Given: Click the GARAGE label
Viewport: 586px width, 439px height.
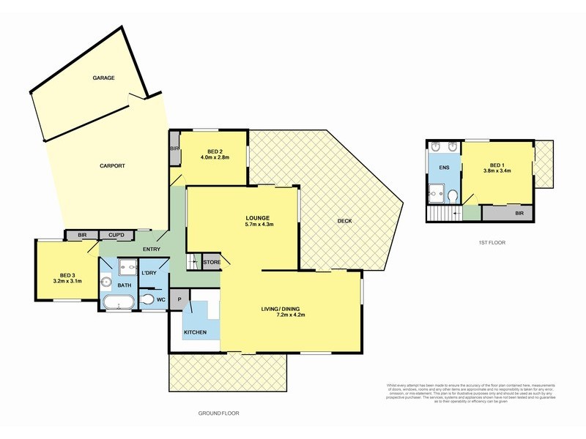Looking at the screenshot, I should click(103, 77).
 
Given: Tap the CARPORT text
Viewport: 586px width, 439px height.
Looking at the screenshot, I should click(112, 166).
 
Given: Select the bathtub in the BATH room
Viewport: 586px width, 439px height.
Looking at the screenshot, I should click(117, 301).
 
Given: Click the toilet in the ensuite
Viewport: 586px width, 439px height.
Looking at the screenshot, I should click(453, 195).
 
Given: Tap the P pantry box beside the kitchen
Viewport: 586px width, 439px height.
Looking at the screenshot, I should click(179, 298).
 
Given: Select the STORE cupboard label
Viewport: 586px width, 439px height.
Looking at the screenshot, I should click(212, 262).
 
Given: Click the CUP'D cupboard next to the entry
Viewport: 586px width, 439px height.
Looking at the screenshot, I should click(116, 235).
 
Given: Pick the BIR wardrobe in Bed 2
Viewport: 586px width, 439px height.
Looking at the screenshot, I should click(174, 149).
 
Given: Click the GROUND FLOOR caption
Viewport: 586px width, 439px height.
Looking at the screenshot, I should click(218, 413).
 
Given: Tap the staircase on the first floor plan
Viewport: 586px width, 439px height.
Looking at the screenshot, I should click(442, 214).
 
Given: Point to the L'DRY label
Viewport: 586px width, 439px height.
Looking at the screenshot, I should click(149, 273).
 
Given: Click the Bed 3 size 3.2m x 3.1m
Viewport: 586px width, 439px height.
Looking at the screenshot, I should click(67, 279).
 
